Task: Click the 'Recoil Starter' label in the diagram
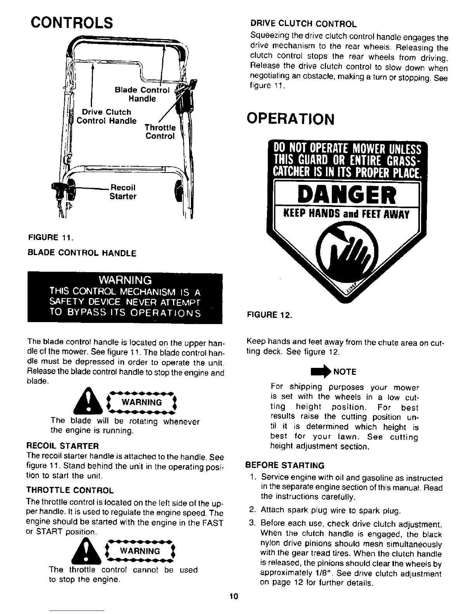(x=123, y=192)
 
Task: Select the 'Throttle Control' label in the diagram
(x=160, y=132)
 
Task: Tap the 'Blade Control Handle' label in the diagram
(x=142, y=94)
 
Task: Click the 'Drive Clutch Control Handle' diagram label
(x=107, y=116)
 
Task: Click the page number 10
(x=233, y=596)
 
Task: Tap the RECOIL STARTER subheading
(x=62, y=445)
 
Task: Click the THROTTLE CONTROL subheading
(x=69, y=490)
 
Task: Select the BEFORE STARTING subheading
(x=285, y=465)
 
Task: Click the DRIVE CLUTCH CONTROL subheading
(x=303, y=24)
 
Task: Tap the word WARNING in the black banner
(x=125, y=280)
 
